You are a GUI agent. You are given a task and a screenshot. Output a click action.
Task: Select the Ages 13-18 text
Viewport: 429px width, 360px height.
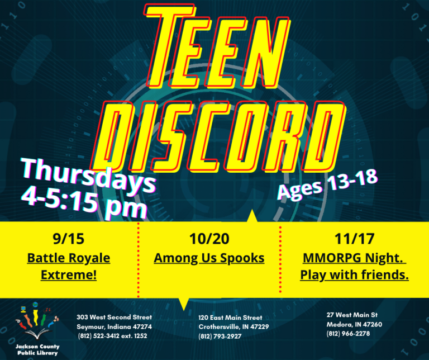pyautogui.click(x=328, y=185)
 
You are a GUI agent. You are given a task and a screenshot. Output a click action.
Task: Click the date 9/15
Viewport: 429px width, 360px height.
pyautogui.click(x=68, y=239)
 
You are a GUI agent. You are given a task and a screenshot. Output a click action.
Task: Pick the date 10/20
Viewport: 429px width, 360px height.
pyautogui.click(x=209, y=239)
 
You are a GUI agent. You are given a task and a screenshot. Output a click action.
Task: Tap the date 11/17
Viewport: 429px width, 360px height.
pyautogui.click(x=354, y=239)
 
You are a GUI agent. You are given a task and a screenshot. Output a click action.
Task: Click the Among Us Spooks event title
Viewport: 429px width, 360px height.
pyautogui.click(x=209, y=258)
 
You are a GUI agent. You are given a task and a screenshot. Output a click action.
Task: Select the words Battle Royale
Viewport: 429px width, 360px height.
pyautogui.click(x=68, y=258)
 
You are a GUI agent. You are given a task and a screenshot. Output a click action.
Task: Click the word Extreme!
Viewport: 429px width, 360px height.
pyautogui.click(x=68, y=275)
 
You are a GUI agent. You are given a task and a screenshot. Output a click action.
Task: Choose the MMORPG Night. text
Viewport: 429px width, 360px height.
pyautogui.click(x=354, y=258)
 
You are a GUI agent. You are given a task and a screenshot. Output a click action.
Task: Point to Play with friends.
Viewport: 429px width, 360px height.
pyautogui.click(x=354, y=275)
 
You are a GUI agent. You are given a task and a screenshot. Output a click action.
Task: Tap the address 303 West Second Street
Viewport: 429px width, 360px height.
pyautogui.click(x=114, y=317)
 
